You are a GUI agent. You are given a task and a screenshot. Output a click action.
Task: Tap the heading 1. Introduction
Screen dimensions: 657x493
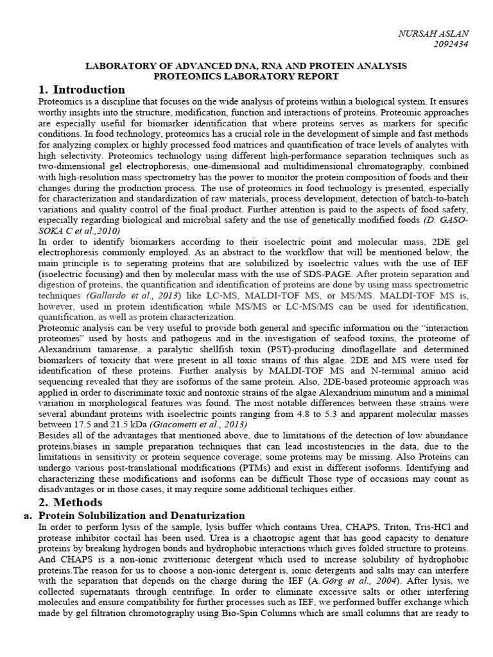pyautogui.click(x=82, y=89)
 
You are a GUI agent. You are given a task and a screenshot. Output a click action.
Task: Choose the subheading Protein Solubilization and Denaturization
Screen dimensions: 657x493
pyautogui.click(x=142, y=515)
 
